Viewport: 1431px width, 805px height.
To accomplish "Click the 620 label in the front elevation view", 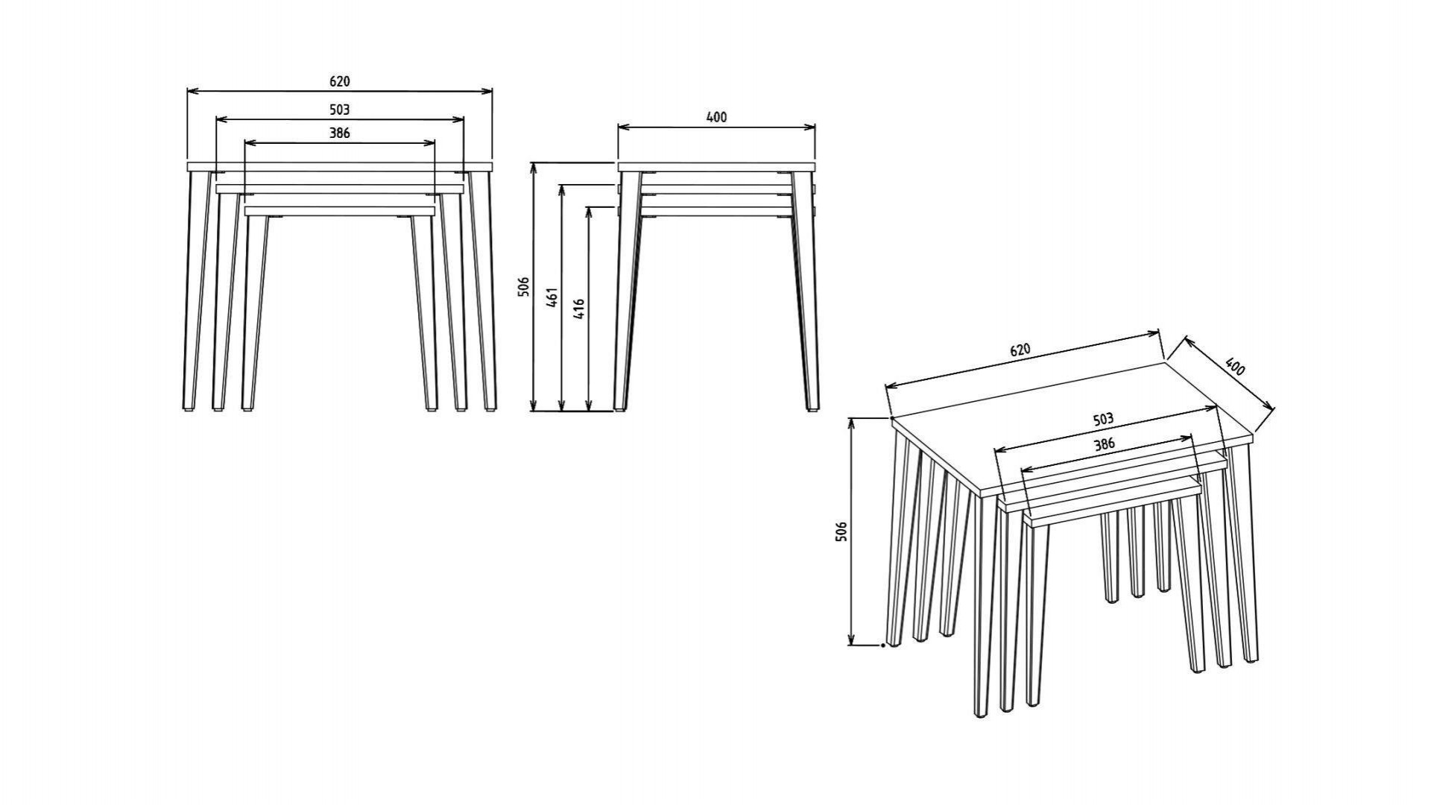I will (339, 81).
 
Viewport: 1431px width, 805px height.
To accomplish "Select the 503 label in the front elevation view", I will (339, 110).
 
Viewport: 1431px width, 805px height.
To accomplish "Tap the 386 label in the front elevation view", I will (339, 133).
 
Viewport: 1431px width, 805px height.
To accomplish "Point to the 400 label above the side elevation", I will (716, 117).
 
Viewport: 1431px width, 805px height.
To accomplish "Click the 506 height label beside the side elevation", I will (523, 287).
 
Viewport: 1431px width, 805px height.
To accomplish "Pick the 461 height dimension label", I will (552, 297).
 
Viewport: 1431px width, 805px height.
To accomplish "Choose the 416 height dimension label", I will (579, 309).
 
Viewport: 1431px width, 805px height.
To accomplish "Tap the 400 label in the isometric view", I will (1234, 367).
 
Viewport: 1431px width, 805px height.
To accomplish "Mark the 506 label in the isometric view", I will (841, 531).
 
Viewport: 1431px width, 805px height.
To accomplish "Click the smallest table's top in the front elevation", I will (339, 211).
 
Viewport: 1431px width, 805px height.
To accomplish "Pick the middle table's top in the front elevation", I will (339, 189).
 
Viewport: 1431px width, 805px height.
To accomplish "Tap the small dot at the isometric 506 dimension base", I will (883, 645).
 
